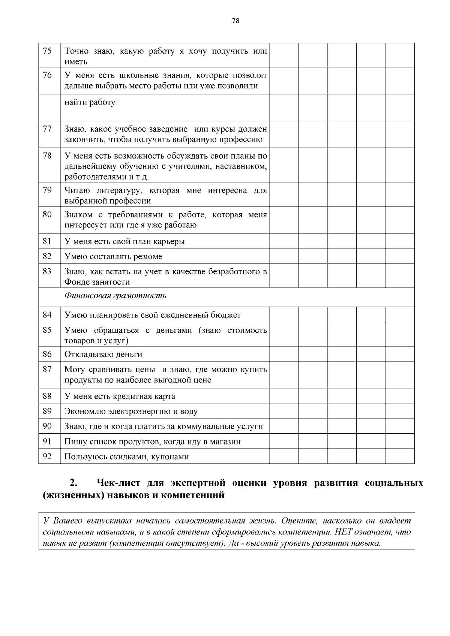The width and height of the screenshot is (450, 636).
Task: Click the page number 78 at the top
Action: tap(235, 21)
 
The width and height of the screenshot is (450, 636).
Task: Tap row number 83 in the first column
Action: tap(47, 271)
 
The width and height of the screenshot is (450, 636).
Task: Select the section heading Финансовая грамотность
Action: tap(115, 296)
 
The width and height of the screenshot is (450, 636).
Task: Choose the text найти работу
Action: tap(90, 102)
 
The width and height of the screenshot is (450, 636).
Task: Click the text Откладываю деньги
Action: tap(103, 355)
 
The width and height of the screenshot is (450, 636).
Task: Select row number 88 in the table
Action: tap(47, 396)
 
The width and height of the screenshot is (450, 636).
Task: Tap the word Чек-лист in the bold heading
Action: tap(119, 483)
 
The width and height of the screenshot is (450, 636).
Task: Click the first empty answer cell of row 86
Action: tap(283, 354)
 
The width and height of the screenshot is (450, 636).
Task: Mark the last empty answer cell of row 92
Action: tap(400, 456)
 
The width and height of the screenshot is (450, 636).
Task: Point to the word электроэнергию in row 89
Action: tap(139, 412)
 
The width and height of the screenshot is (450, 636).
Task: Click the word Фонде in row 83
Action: tap(77, 282)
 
